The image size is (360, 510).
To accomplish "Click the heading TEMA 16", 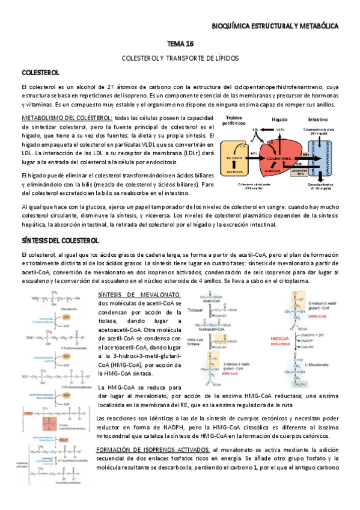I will coord(180,45).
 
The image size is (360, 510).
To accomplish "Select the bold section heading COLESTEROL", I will coord(40,73).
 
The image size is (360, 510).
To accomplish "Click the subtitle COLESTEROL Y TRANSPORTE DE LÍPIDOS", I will coord(180,58).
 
